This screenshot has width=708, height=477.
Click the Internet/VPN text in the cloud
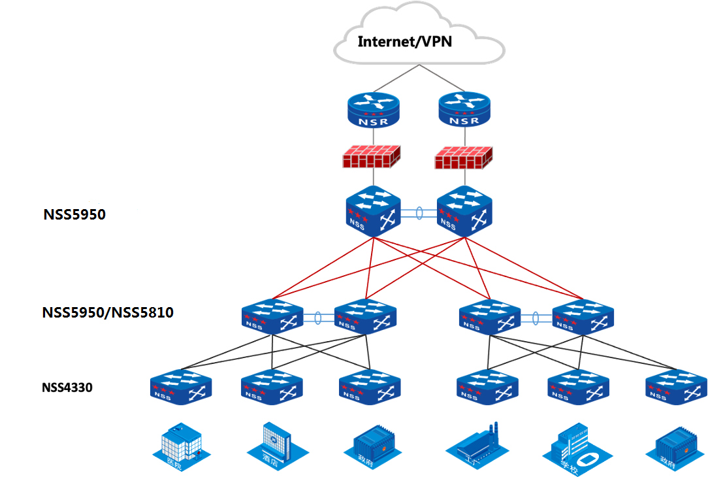point(405,42)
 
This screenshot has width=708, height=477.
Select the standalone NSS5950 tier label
point(74,214)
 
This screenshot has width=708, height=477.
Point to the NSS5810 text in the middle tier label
point(143,312)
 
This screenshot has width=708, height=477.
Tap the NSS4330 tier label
point(67,387)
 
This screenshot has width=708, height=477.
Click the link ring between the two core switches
point(419,214)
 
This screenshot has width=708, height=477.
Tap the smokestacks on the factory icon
point(493,432)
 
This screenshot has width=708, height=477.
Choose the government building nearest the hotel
point(370,447)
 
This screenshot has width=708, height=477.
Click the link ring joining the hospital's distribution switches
point(318,318)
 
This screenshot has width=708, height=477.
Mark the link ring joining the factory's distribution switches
point(536,318)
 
